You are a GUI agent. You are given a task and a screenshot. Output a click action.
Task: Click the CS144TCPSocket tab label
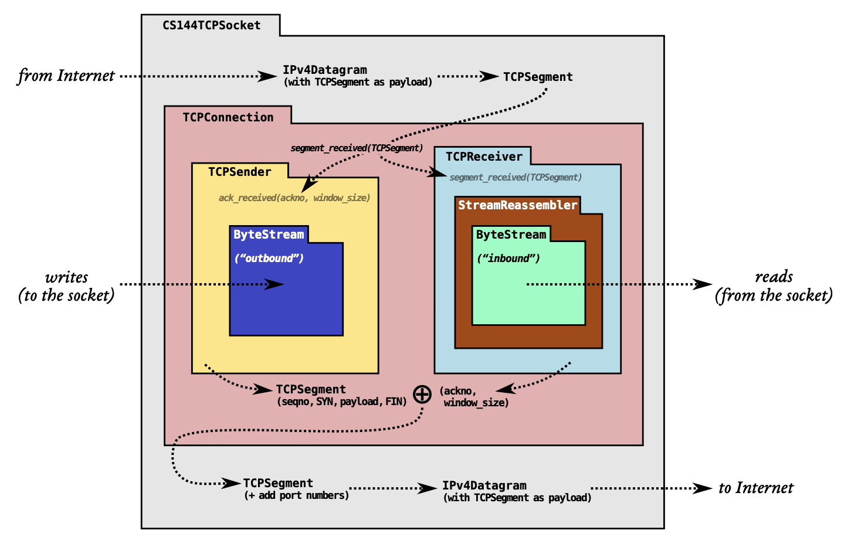tap(211, 25)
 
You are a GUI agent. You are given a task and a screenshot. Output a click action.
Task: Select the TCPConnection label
tap(228, 117)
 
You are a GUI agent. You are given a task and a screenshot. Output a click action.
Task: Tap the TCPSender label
tap(239, 172)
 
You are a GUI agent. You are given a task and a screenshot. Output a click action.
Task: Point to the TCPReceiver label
tap(484, 157)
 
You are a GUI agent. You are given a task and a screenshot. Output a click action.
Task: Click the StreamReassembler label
tap(518, 205)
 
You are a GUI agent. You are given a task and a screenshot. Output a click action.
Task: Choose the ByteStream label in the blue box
tap(269, 234)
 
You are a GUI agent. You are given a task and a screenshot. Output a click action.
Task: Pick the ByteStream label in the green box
tap(511, 234)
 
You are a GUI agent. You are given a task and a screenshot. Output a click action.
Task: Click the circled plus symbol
tap(422, 395)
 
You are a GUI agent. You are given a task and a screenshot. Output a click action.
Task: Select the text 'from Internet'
tap(66, 76)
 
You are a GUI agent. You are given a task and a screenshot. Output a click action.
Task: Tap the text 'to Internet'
tap(756, 488)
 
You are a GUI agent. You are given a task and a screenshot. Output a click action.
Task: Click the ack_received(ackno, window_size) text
tap(294, 198)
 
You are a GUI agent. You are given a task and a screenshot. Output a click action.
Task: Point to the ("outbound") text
tap(269, 258)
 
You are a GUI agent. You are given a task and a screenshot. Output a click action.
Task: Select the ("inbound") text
tap(508, 258)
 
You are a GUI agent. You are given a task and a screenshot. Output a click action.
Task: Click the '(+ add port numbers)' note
tap(296, 495)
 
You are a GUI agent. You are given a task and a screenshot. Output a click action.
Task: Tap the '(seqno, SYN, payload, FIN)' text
tap(342, 402)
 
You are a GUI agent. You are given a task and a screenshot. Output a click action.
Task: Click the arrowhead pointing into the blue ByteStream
tap(274, 284)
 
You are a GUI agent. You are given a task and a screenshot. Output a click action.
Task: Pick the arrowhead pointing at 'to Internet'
tap(702, 488)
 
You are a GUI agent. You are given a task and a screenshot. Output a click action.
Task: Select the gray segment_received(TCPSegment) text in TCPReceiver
tap(516, 177)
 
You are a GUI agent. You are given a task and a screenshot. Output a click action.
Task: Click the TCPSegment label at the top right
tap(538, 77)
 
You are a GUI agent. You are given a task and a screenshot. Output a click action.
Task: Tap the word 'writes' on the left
tap(66, 278)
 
